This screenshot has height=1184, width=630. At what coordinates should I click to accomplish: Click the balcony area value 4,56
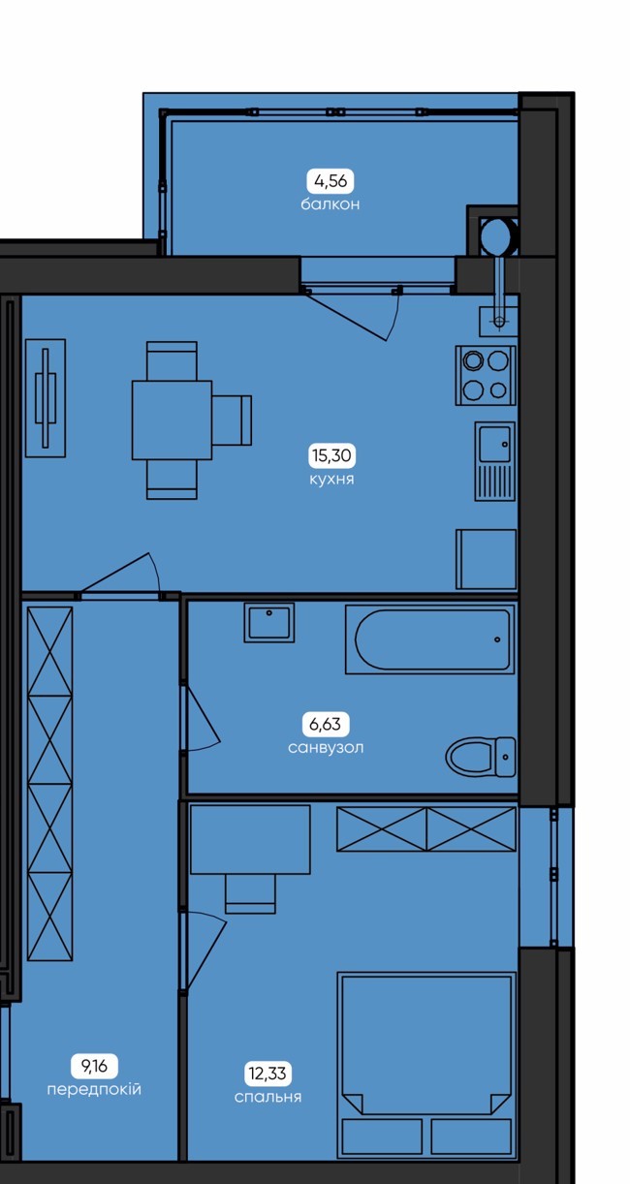point(331,181)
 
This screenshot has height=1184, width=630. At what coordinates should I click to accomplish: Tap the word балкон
point(331,204)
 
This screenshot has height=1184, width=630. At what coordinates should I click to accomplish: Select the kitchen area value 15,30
point(331,455)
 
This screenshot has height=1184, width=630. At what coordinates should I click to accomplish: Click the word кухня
point(331,479)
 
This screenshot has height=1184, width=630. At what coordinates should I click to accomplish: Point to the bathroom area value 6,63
point(325,724)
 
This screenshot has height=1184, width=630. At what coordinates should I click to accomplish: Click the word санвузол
point(326,747)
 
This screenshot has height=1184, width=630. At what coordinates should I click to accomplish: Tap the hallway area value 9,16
point(94,1066)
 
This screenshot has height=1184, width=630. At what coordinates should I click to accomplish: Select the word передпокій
point(94,1089)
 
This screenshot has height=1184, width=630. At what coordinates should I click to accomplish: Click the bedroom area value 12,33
point(268,1073)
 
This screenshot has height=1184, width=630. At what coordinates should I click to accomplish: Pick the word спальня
point(268,1097)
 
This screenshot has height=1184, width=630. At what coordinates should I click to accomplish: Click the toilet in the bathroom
point(480,757)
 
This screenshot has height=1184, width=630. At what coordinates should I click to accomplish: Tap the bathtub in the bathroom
point(429,639)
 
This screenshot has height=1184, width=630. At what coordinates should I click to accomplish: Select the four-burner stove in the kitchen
point(485,376)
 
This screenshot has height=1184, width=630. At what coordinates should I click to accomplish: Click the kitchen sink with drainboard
point(494,461)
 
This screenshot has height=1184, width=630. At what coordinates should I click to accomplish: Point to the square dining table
point(172,421)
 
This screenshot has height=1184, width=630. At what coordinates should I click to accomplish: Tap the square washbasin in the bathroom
point(269,623)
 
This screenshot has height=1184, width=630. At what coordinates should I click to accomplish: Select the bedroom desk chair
point(250,893)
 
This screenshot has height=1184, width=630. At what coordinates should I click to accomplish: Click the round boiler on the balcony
point(498,235)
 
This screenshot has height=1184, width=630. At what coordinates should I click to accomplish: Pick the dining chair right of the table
point(232,421)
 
